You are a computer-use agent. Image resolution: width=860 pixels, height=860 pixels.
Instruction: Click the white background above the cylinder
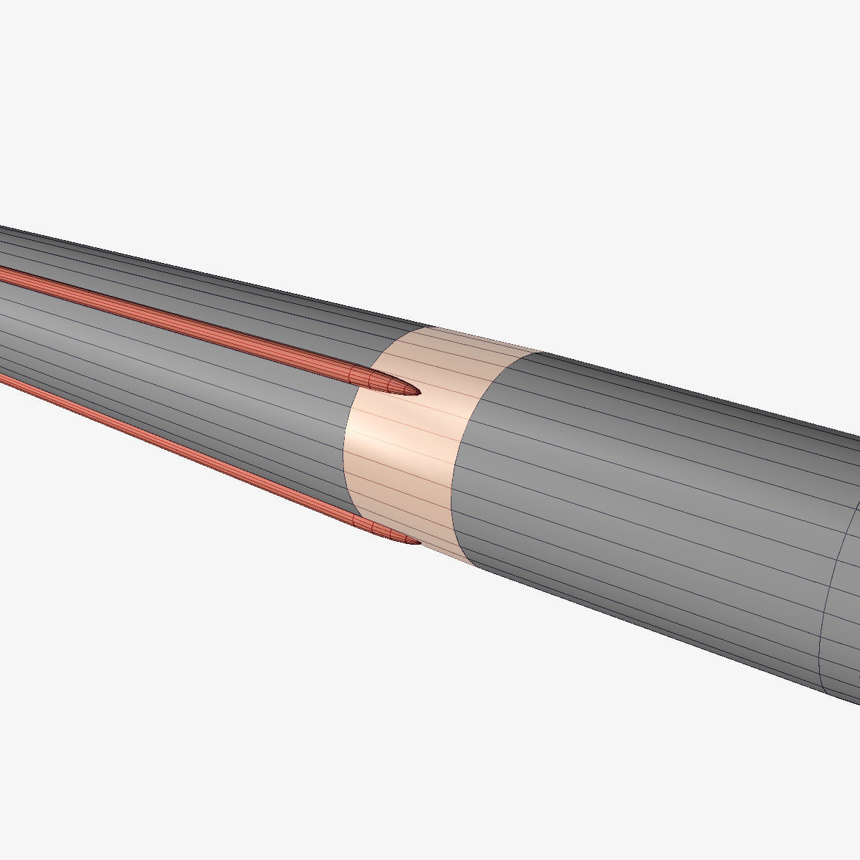pyautogui.click(x=430, y=143)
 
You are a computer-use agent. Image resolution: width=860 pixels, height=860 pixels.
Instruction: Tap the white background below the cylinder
pyautogui.click(x=358, y=717)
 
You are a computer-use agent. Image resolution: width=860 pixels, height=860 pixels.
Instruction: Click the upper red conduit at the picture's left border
pyautogui.click(x=3, y=273)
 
